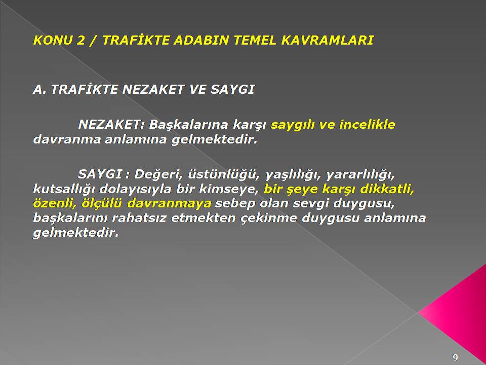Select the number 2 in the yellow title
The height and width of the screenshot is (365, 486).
click(80, 41)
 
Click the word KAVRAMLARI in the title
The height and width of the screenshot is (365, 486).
click(328, 41)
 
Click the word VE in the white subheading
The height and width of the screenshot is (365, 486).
click(198, 89)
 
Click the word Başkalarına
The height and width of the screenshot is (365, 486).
click(189, 125)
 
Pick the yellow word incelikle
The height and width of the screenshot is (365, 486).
click(367, 125)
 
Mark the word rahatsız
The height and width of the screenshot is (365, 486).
click(139, 218)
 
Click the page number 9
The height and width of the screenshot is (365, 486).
click(455, 357)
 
